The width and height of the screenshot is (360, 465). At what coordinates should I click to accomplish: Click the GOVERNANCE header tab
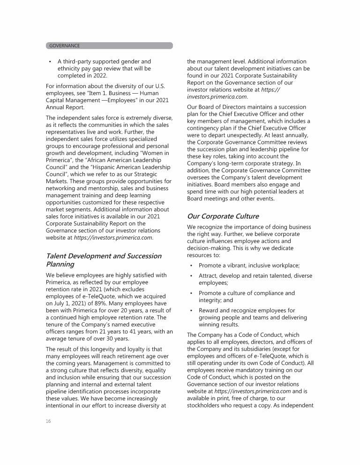pos(64,46)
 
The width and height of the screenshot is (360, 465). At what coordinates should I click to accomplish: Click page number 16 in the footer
pos(48,421)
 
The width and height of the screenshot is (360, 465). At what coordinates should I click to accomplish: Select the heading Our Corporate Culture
pos(223,216)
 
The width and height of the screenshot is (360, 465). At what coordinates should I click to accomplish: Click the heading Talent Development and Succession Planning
pos(103,260)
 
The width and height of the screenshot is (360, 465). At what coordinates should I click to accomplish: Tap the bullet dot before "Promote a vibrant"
pos(191,266)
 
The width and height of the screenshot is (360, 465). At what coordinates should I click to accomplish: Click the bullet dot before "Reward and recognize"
pos(191,310)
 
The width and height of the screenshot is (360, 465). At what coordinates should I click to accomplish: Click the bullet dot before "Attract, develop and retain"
pos(191,276)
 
